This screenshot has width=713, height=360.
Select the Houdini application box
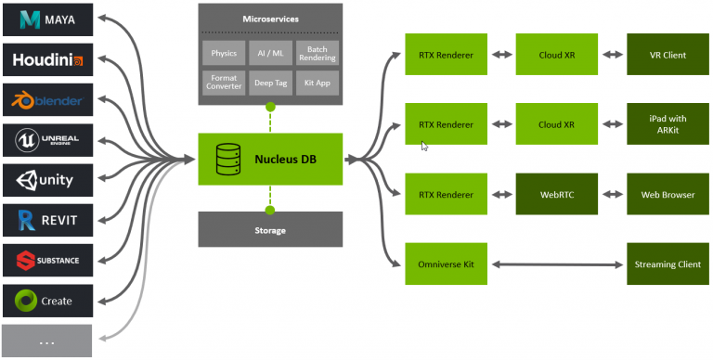point(47,60)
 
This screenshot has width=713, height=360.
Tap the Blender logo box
point(47,100)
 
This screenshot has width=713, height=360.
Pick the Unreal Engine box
point(47,140)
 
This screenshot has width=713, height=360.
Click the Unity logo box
point(47,180)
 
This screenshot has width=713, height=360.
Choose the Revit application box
point(47,221)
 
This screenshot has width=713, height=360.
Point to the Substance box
point(47,261)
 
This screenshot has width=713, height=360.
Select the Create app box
point(47,301)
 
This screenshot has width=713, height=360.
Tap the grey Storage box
point(270,229)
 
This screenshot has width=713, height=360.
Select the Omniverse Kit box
point(447,264)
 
